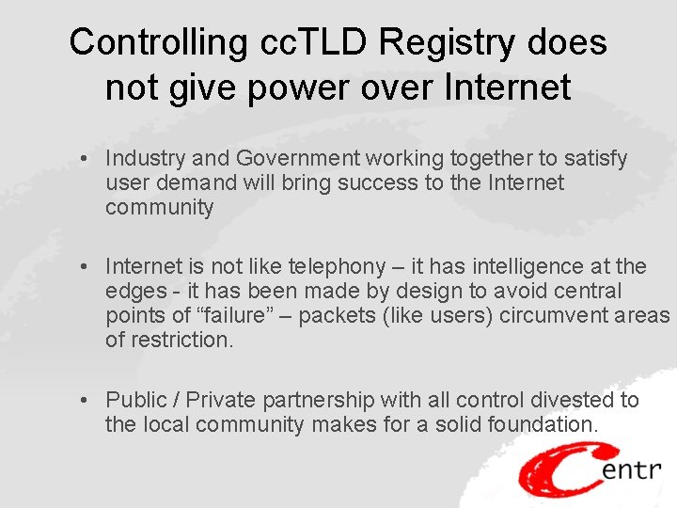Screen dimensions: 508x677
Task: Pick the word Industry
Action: click(143, 158)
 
